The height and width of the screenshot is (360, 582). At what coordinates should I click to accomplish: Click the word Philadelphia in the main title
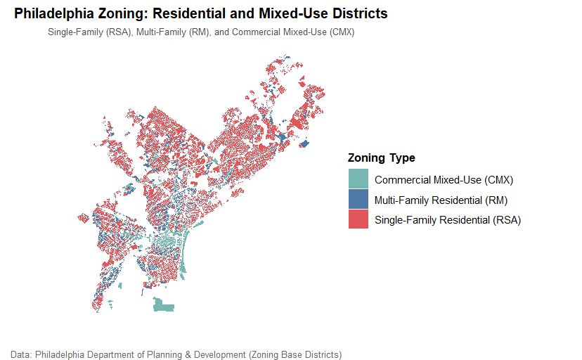tap(51, 13)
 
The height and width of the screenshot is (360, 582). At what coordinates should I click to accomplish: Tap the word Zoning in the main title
tap(117, 13)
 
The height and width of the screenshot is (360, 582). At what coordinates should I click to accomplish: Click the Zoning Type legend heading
tap(381, 157)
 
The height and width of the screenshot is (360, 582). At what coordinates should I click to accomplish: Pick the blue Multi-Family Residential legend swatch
tap(358, 199)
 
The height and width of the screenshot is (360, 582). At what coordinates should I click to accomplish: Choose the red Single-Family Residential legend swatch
tap(358, 219)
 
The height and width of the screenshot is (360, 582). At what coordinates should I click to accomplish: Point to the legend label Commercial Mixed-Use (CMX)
tap(444, 179)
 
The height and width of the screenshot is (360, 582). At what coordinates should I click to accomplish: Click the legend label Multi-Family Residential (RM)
tap(441, 200)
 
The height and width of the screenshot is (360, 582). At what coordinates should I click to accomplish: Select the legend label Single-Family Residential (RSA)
tap(447, 220)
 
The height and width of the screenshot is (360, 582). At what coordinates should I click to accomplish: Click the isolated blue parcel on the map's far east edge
tap(304, 144)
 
